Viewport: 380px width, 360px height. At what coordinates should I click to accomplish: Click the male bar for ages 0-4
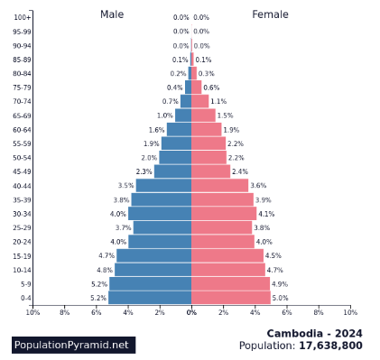click(150, 298)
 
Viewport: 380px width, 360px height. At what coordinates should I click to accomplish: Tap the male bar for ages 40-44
click(163, 185)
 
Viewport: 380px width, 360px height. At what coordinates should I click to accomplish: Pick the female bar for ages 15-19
click(227, 255)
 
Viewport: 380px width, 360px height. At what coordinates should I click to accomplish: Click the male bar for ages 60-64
click(179, 129)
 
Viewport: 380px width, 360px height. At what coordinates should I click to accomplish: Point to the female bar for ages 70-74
click(200, 101)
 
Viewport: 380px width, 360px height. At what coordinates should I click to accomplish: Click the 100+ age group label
click(23, 17)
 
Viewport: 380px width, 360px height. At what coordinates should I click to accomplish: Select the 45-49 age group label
click(23, 171)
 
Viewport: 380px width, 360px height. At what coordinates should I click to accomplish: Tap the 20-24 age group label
click(23, 242)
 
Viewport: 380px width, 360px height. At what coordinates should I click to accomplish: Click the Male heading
click(112, 14)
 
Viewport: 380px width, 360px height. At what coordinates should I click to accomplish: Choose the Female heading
click(270, 14)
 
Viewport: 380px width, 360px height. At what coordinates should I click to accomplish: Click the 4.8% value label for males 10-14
click(105, 270)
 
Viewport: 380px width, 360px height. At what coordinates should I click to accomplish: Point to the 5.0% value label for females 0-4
click(280, 298)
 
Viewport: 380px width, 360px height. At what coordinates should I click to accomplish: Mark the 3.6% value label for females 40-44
click(258, 185)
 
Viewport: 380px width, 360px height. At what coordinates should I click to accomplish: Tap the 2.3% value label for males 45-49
click(144, 171)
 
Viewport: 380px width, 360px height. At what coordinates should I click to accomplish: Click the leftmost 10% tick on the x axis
click(32, 312)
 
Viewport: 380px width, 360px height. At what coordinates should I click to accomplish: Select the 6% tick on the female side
click(287, 312)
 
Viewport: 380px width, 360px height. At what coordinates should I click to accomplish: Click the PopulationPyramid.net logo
click(73, 345)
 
